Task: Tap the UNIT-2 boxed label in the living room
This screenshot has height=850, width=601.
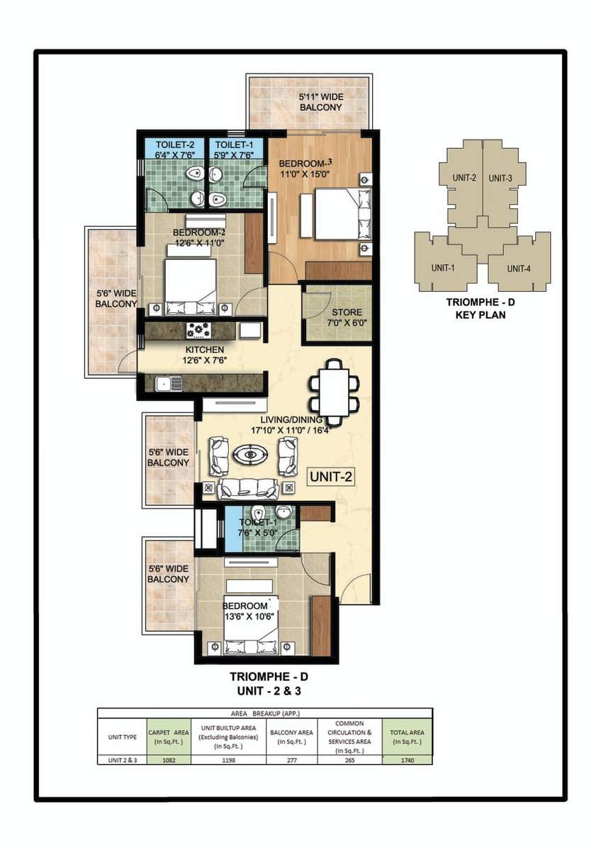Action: click(330, 477)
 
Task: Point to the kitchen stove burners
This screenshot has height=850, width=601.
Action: click(198, 329)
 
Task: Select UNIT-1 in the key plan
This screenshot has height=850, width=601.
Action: click(444, 267)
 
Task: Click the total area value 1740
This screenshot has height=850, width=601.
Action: click(406, 760)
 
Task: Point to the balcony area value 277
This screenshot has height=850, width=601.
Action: click(291, 760)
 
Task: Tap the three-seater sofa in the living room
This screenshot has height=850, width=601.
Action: click(248, 488)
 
